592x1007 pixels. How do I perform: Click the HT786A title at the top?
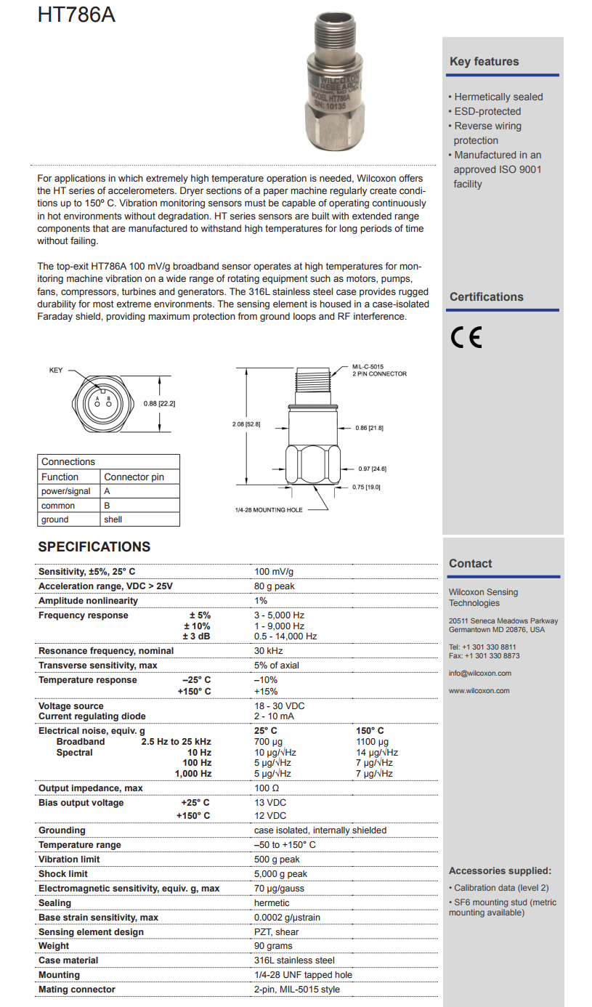pos(77,15)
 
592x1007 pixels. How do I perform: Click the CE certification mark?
pos(466,339)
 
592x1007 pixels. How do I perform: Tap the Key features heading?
pos(484,62)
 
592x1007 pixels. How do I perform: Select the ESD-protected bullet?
pos(487,111)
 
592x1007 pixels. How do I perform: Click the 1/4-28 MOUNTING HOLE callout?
pos(269,510)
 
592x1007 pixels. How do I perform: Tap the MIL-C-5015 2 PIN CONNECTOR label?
pos(379,371)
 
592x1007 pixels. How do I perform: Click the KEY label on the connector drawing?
pos(56,371)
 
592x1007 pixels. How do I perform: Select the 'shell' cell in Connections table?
pos(113,519)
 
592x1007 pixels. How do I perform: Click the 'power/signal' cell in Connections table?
pos(66,491)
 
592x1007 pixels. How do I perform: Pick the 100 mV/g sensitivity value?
pos(274,572)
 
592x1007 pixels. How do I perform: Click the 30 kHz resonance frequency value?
pos(269,651)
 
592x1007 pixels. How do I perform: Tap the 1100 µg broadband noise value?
pos(372,742)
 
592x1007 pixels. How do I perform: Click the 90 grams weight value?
pos(273,946)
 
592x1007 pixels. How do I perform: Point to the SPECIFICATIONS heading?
pos(94,547)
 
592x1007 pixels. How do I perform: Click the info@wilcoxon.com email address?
pos(480,674)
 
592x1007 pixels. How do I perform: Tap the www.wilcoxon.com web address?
pos(479,691)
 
